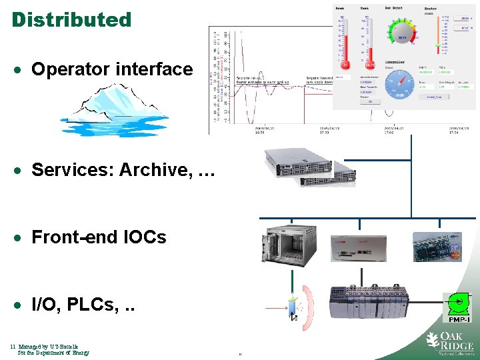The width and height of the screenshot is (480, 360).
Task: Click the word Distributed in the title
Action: (x=71, y=19)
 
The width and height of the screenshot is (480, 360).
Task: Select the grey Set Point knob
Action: (x=402, y=37)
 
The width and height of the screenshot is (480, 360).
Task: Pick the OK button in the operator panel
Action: (x=371, y=102)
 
